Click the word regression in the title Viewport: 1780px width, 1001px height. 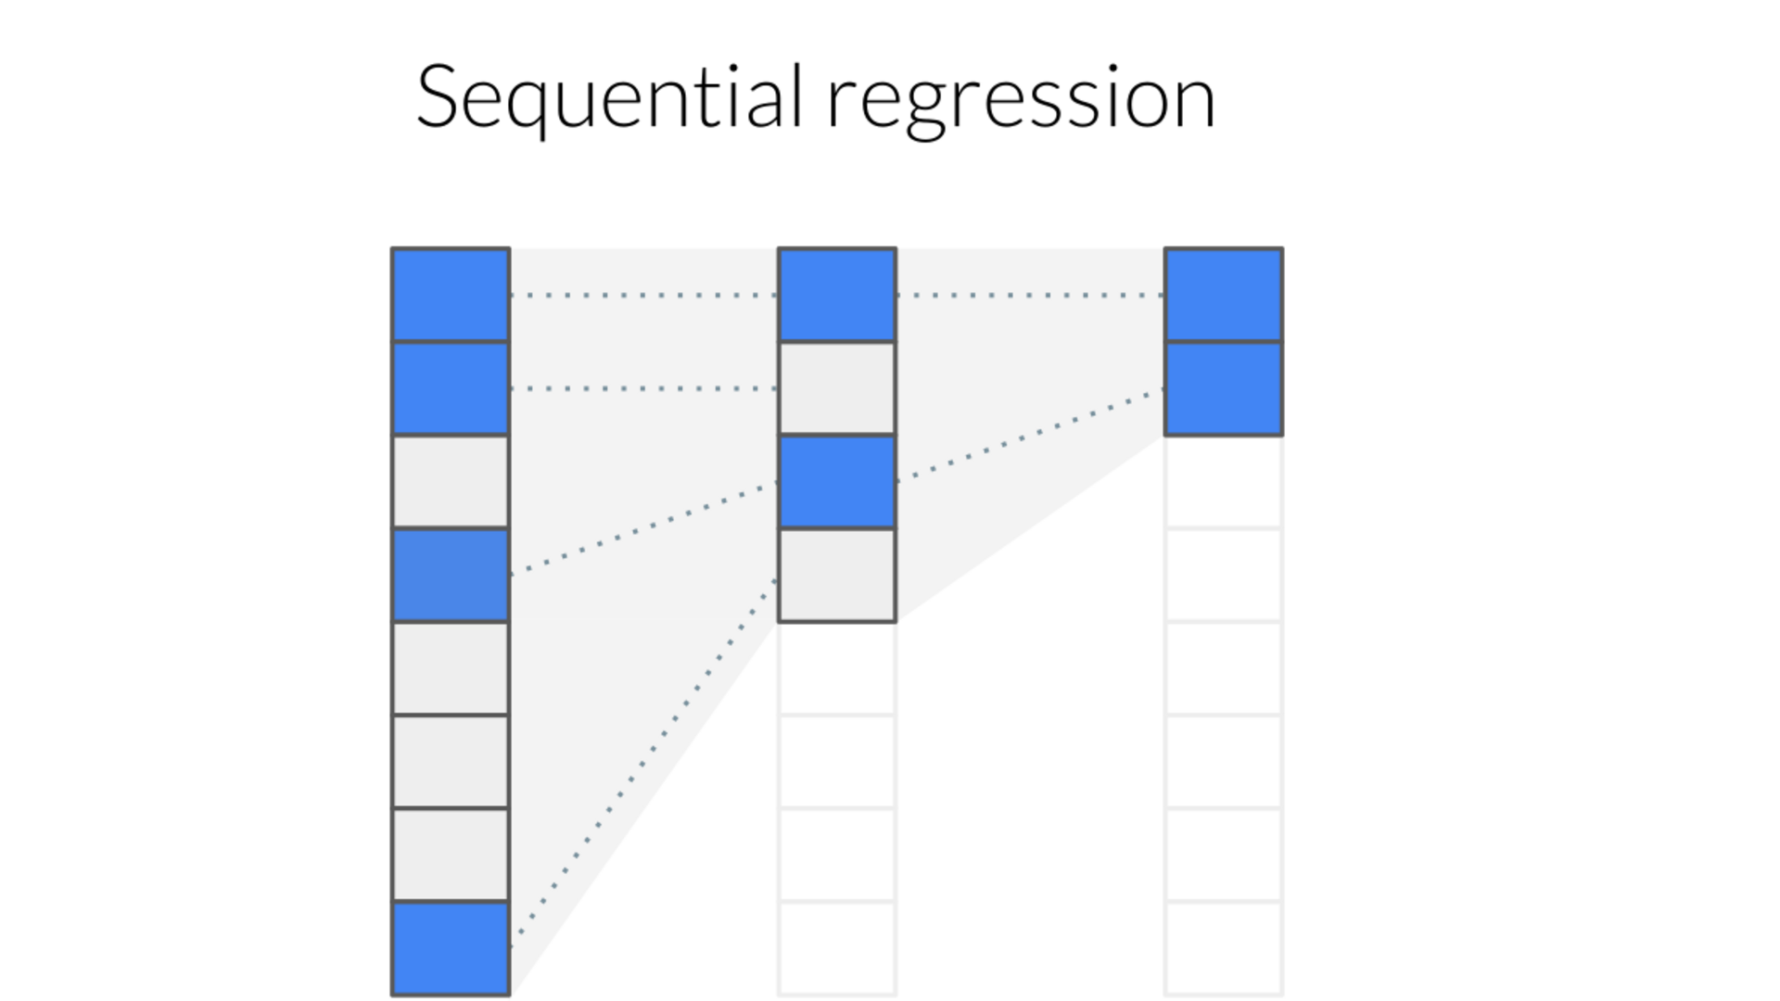point(1020,100)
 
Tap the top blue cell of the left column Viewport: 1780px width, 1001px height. point(451,295)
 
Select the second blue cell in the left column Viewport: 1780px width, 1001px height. point(451,388)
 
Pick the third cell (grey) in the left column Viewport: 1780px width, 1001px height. point(451,482)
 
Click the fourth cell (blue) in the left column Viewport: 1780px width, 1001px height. point(451,575)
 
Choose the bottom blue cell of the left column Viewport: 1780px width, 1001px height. point(451,948)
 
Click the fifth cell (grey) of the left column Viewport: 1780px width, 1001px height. point(451,668)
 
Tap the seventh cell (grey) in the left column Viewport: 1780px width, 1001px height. point(451,855)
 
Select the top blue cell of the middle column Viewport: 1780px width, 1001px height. point(836,295)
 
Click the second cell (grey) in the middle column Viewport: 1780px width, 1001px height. point(836,388)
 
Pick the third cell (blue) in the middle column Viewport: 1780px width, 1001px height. point(836,482)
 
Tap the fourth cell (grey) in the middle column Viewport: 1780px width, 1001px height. point(836,575)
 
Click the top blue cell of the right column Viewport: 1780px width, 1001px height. point(1223,295)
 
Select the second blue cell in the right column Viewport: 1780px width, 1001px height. point(1223,388)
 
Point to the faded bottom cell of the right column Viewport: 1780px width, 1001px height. point(1223,948)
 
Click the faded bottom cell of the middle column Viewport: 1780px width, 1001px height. point(836,948)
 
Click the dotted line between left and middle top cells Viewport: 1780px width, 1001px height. point(643,295)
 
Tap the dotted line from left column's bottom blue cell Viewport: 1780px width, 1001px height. point(643,755)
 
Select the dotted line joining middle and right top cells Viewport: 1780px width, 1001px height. point(1029,295)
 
